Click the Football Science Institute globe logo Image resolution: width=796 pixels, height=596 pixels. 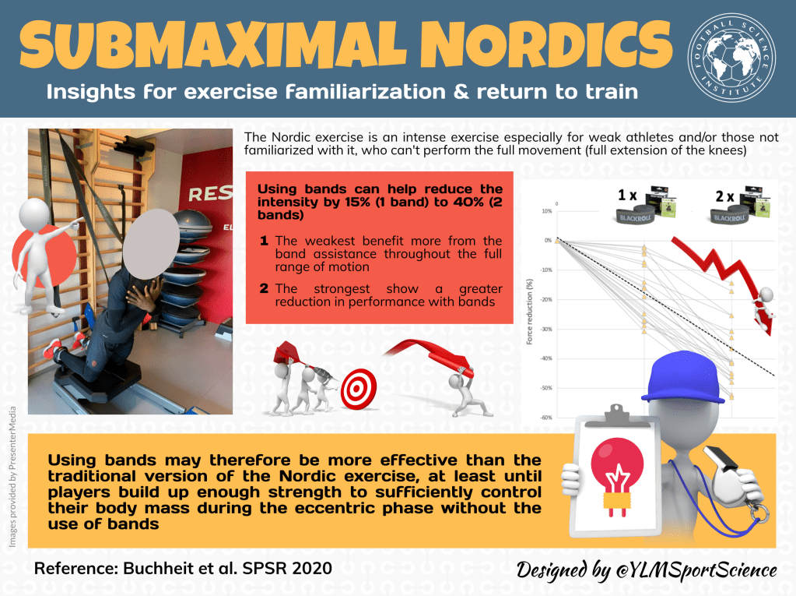click(731, 58)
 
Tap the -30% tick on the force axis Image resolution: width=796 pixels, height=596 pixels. click(545, 330)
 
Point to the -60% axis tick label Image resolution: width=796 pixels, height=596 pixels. click(545, 418)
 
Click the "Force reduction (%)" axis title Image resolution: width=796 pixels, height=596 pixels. click(529, 312)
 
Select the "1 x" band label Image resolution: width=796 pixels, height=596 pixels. click(627, 195)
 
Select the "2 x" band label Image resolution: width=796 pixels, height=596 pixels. click(724, 196)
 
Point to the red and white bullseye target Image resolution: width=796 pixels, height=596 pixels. click(359, 389)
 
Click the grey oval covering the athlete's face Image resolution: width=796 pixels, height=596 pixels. click(151, 244)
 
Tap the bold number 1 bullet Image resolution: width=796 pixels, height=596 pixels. click(264, 240)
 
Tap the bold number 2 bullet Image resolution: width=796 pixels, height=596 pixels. click(264, 288)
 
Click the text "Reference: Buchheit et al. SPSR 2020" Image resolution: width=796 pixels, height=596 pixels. click(184, 568)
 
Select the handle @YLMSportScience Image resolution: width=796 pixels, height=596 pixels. click(696, 570)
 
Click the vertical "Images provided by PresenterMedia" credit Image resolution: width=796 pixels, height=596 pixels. click(12, 477)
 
